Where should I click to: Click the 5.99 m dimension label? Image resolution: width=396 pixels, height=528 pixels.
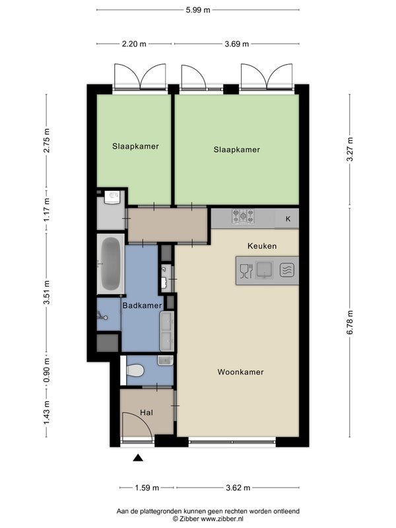198,10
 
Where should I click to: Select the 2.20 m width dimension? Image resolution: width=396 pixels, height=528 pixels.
134,44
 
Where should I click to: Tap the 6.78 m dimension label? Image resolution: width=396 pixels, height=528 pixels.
350,322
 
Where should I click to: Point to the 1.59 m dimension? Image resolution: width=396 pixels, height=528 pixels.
147,488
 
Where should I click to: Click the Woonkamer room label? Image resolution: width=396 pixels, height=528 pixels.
240,372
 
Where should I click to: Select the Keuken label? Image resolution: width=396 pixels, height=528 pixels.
262,246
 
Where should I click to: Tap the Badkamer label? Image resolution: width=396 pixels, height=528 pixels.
142,306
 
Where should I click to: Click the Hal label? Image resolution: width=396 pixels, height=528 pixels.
147,412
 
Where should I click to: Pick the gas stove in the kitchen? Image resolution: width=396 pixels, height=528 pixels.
243,216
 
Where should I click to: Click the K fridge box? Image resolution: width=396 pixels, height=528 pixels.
288,219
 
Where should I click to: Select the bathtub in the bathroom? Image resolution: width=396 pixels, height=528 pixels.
110,265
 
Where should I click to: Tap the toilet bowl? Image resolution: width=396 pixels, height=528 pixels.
135,370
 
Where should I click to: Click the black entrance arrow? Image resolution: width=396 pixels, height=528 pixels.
138,457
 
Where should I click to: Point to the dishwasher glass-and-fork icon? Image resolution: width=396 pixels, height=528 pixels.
246,271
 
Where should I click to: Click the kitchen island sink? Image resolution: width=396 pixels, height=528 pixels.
265,270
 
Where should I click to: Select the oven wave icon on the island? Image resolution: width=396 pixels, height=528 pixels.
287,270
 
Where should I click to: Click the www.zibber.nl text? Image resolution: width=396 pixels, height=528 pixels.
222,519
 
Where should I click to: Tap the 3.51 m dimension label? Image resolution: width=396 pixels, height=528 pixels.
47,292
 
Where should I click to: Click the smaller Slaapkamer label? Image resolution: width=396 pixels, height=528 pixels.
135,147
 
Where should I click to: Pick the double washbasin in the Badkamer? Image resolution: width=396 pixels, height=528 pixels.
167,331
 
